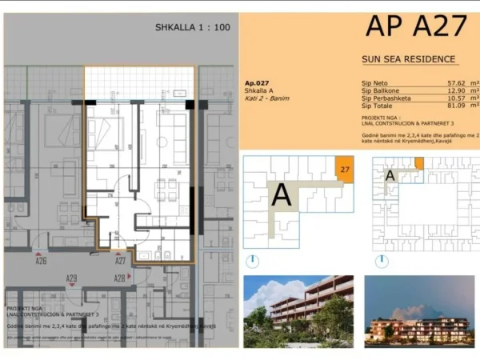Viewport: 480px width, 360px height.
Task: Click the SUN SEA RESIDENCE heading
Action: (408, 59)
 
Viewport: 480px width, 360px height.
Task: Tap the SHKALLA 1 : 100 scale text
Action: (192, 27)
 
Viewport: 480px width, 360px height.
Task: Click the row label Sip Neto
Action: (374, 82)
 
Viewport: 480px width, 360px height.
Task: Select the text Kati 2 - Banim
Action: (266, 98)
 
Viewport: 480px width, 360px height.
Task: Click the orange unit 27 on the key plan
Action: (344, 170)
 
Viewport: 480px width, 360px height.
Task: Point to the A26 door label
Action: (41, 261)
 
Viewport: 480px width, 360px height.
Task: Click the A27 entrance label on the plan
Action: (121, 261)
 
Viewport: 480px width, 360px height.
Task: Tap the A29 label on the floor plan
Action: (71, 278)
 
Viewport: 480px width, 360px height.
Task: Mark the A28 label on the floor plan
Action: (120, 278)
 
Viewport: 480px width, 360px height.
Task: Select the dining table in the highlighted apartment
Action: (166, 189)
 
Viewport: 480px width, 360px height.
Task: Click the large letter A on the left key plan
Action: (282, 194)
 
